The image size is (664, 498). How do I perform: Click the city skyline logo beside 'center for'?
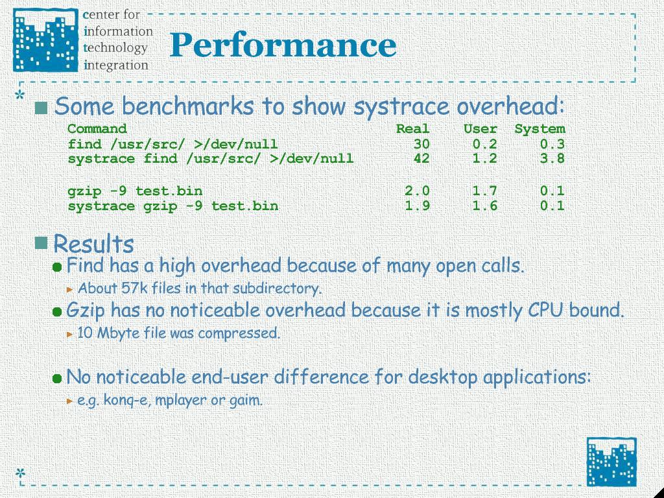click(x=46, y=40)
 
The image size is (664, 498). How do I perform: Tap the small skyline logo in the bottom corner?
click(x=611, y=462)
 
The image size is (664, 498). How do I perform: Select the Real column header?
click(x=413, y=129)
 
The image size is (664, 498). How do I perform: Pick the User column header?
click(x=480, y=129)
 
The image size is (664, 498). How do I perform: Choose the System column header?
click(x=540, y=129)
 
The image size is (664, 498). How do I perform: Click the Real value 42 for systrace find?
click(x=421, y=158)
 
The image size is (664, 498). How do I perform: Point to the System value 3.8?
click(x=552, y=158)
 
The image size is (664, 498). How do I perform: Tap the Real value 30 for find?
click(x=421, y=144)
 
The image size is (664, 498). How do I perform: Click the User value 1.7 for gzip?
click(x=485, y=191)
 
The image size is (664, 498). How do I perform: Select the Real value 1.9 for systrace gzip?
click(x=417, y=206)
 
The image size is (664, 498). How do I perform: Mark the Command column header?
click(x=97, y=129)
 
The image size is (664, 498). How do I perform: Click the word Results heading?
click(x=93, y=244)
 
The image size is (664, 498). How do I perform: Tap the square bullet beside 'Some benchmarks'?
click(x=41, y=108)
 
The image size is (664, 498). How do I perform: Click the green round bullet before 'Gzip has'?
click(x=57, y=312)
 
